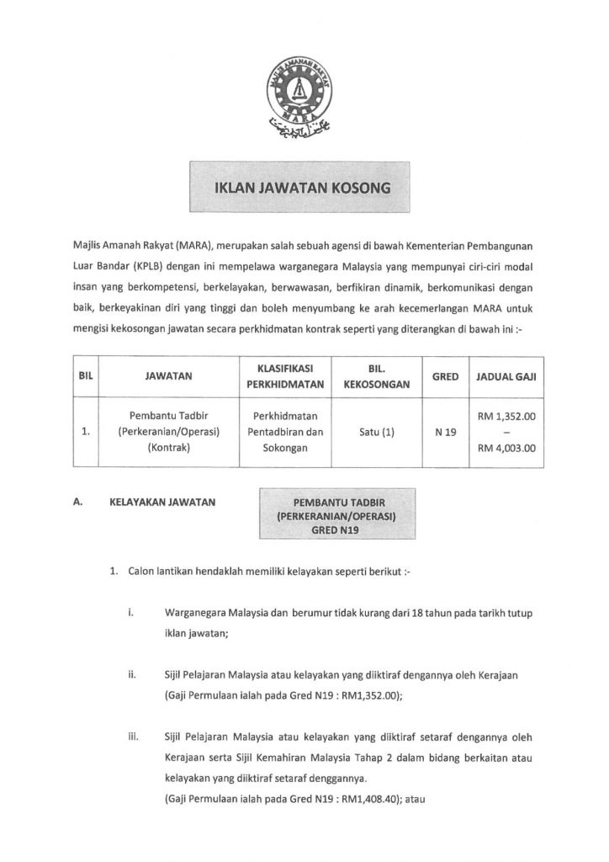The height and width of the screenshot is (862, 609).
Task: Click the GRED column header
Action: (444, 377)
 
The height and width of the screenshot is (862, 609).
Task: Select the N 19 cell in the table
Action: (444, 433)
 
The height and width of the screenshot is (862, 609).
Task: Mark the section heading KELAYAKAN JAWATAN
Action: (162, 503)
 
